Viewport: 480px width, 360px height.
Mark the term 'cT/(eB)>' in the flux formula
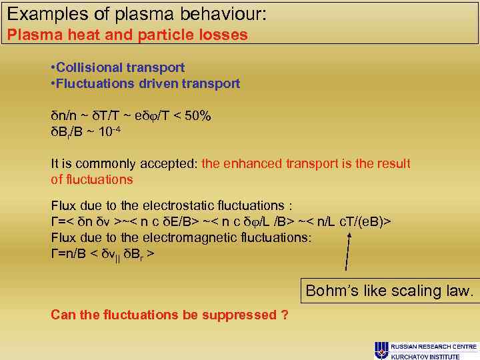click(x=365, y=221)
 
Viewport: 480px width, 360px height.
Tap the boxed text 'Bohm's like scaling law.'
click(x=389, y=291)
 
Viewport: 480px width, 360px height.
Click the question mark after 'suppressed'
click(x=285, y=315)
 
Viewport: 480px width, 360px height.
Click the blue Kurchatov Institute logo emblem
click(x=381, y=350)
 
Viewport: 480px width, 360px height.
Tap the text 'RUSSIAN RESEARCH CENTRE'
click(x=433, y=347)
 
